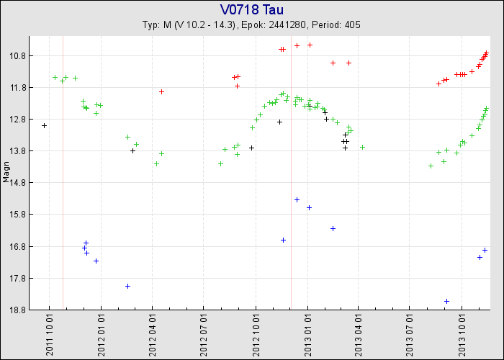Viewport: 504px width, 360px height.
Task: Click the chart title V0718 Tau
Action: tap(252, 9)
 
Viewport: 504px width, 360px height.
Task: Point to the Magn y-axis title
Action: tap(6, 174)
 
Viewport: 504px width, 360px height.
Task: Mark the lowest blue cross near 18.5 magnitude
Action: tap(446, 301)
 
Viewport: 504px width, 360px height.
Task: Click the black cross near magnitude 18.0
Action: tap(127, 286)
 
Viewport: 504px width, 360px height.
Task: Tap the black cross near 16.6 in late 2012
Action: tap(283, 240)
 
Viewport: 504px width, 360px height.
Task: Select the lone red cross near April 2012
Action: tap(161, 91)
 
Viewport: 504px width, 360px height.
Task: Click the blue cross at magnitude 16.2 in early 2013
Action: tap(333, 228)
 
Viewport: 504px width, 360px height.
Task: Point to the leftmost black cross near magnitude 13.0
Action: tap(44, 125)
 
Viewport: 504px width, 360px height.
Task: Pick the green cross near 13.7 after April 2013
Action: tap(362, 147)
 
